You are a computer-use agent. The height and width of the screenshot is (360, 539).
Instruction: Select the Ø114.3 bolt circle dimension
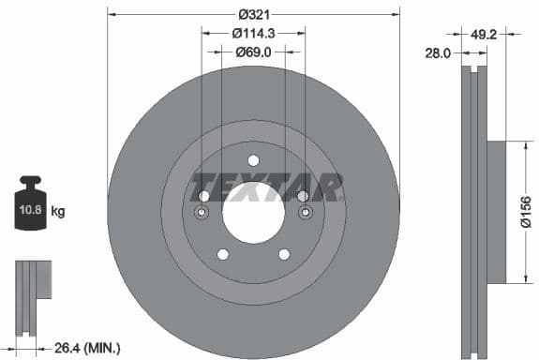tap(253, 33)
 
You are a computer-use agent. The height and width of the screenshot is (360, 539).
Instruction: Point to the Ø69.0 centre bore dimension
tap(253, 52)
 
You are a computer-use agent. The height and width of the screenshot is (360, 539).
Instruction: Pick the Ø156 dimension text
tap(526, 211)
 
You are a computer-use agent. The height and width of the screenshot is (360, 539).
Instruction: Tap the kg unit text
tap(57, 212)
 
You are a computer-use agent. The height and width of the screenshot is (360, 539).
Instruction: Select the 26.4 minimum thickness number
tap(63, 349)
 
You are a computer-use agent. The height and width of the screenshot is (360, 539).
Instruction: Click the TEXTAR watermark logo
tap(266, 187)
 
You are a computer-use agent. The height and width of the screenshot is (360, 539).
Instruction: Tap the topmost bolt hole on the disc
tap(253, 159)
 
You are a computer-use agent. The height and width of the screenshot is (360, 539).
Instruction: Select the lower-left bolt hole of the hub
tap(222, 254)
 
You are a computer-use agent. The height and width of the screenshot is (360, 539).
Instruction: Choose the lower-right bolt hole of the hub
tap(284, 254)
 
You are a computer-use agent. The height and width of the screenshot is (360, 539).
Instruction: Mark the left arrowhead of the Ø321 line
tap(112, 15)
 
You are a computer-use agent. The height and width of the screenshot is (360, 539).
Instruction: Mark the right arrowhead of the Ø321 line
tap(396, 15)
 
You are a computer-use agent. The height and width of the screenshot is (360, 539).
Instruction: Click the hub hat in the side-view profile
tap(496, 211)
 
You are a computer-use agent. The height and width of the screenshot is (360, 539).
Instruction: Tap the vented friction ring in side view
tap(472, 211)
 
